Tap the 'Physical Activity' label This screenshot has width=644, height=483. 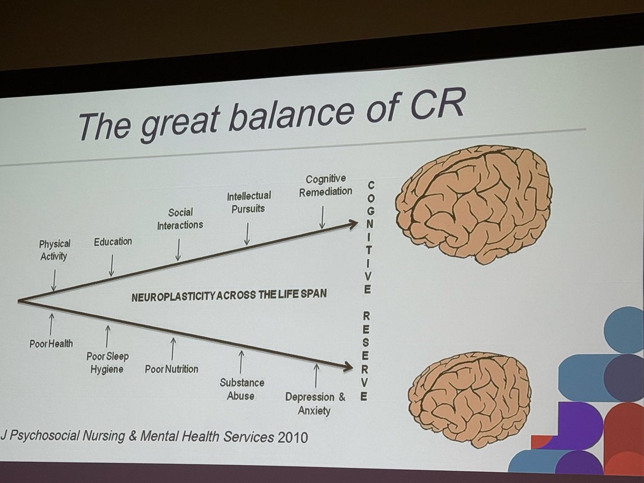pyautogui.click(x=54, y=250)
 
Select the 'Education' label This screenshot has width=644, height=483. pyautogui.click(x=113, y=241)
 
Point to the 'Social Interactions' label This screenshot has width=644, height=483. pyautogui.click(x=180, y=219)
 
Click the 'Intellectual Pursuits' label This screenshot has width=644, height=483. pyautogui.click(x=248, y=202)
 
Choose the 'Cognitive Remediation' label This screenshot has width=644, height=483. pyautogui.click(x=325, y=185)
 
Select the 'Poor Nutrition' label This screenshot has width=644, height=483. pyautogui.click(x=172, y=369)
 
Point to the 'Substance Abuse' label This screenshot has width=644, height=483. pyautogui.click(x=241, y=389)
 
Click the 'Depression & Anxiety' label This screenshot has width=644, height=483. pyautogui.click(x=316, y=404)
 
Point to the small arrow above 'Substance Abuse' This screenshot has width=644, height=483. pyautogui.click(x=241, y=362)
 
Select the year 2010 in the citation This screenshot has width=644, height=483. pyautogui.click(x=293, y=437)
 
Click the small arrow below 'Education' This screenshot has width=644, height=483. pyautogui.click(x=112, y=265)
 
